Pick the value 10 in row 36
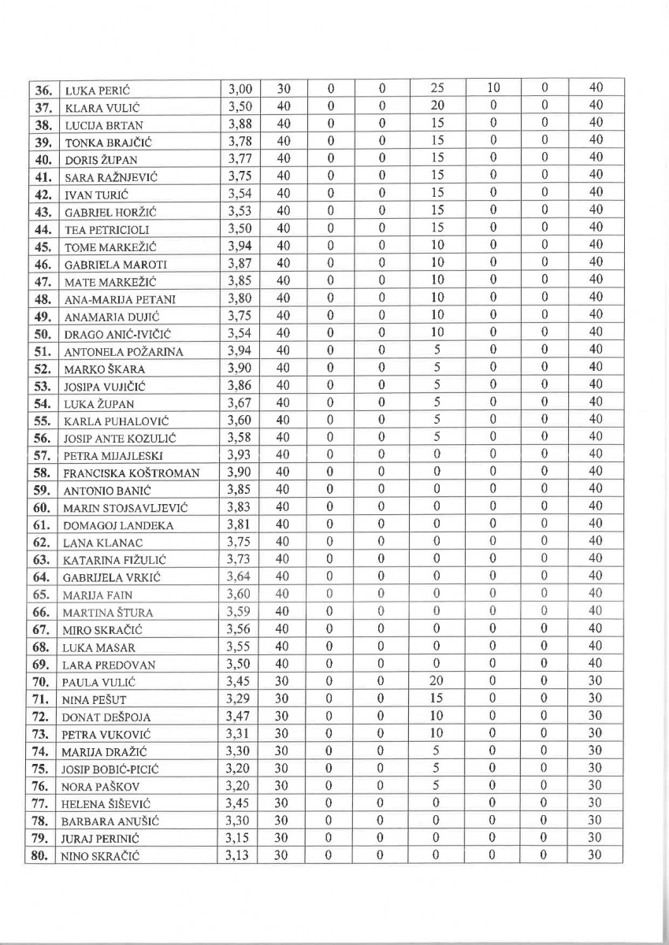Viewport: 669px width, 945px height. click(492, 87)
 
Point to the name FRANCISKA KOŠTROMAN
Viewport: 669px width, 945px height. click(131, 472)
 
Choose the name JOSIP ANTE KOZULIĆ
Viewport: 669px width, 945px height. click(117, 437)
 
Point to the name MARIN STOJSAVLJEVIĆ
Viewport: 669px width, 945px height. click(125, 507)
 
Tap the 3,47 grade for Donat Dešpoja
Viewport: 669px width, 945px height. click(238, 716)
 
